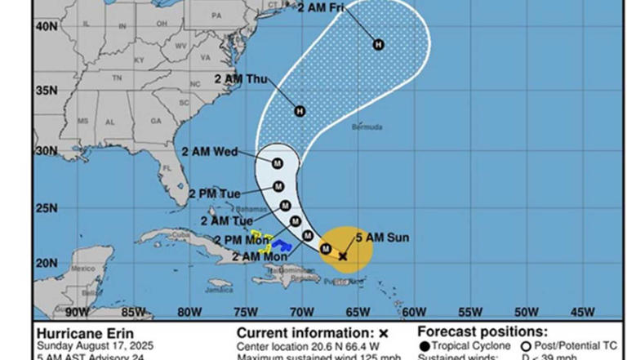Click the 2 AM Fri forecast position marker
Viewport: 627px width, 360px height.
[379, 44]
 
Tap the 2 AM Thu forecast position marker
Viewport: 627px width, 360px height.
[300, 111]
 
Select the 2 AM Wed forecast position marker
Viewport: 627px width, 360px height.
[277, 163]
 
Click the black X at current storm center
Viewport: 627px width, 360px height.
[343, 256]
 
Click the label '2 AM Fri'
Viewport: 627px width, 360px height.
[321, 8]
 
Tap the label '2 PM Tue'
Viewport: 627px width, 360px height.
[214, 193]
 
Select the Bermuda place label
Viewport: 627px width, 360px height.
[365, 128]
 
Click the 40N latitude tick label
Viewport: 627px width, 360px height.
[46, 26]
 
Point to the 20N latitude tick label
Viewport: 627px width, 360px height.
[46, 263]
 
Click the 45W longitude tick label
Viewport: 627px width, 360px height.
[582, 311]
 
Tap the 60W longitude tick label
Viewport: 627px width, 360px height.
[414, 311]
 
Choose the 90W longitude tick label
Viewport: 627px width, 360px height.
[77, 311]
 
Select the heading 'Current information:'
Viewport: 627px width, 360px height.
[305, 333]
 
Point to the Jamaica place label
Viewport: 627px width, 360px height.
[219, 288]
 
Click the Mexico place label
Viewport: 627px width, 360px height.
[82, 269]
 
